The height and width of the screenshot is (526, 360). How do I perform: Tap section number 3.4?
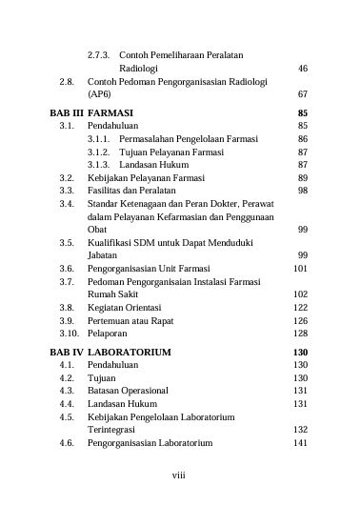[67, 204]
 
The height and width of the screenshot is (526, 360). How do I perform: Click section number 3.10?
[68, 334]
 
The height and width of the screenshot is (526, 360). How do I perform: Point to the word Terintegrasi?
[117, 430]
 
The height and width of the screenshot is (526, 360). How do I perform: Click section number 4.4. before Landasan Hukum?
[67, 404]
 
